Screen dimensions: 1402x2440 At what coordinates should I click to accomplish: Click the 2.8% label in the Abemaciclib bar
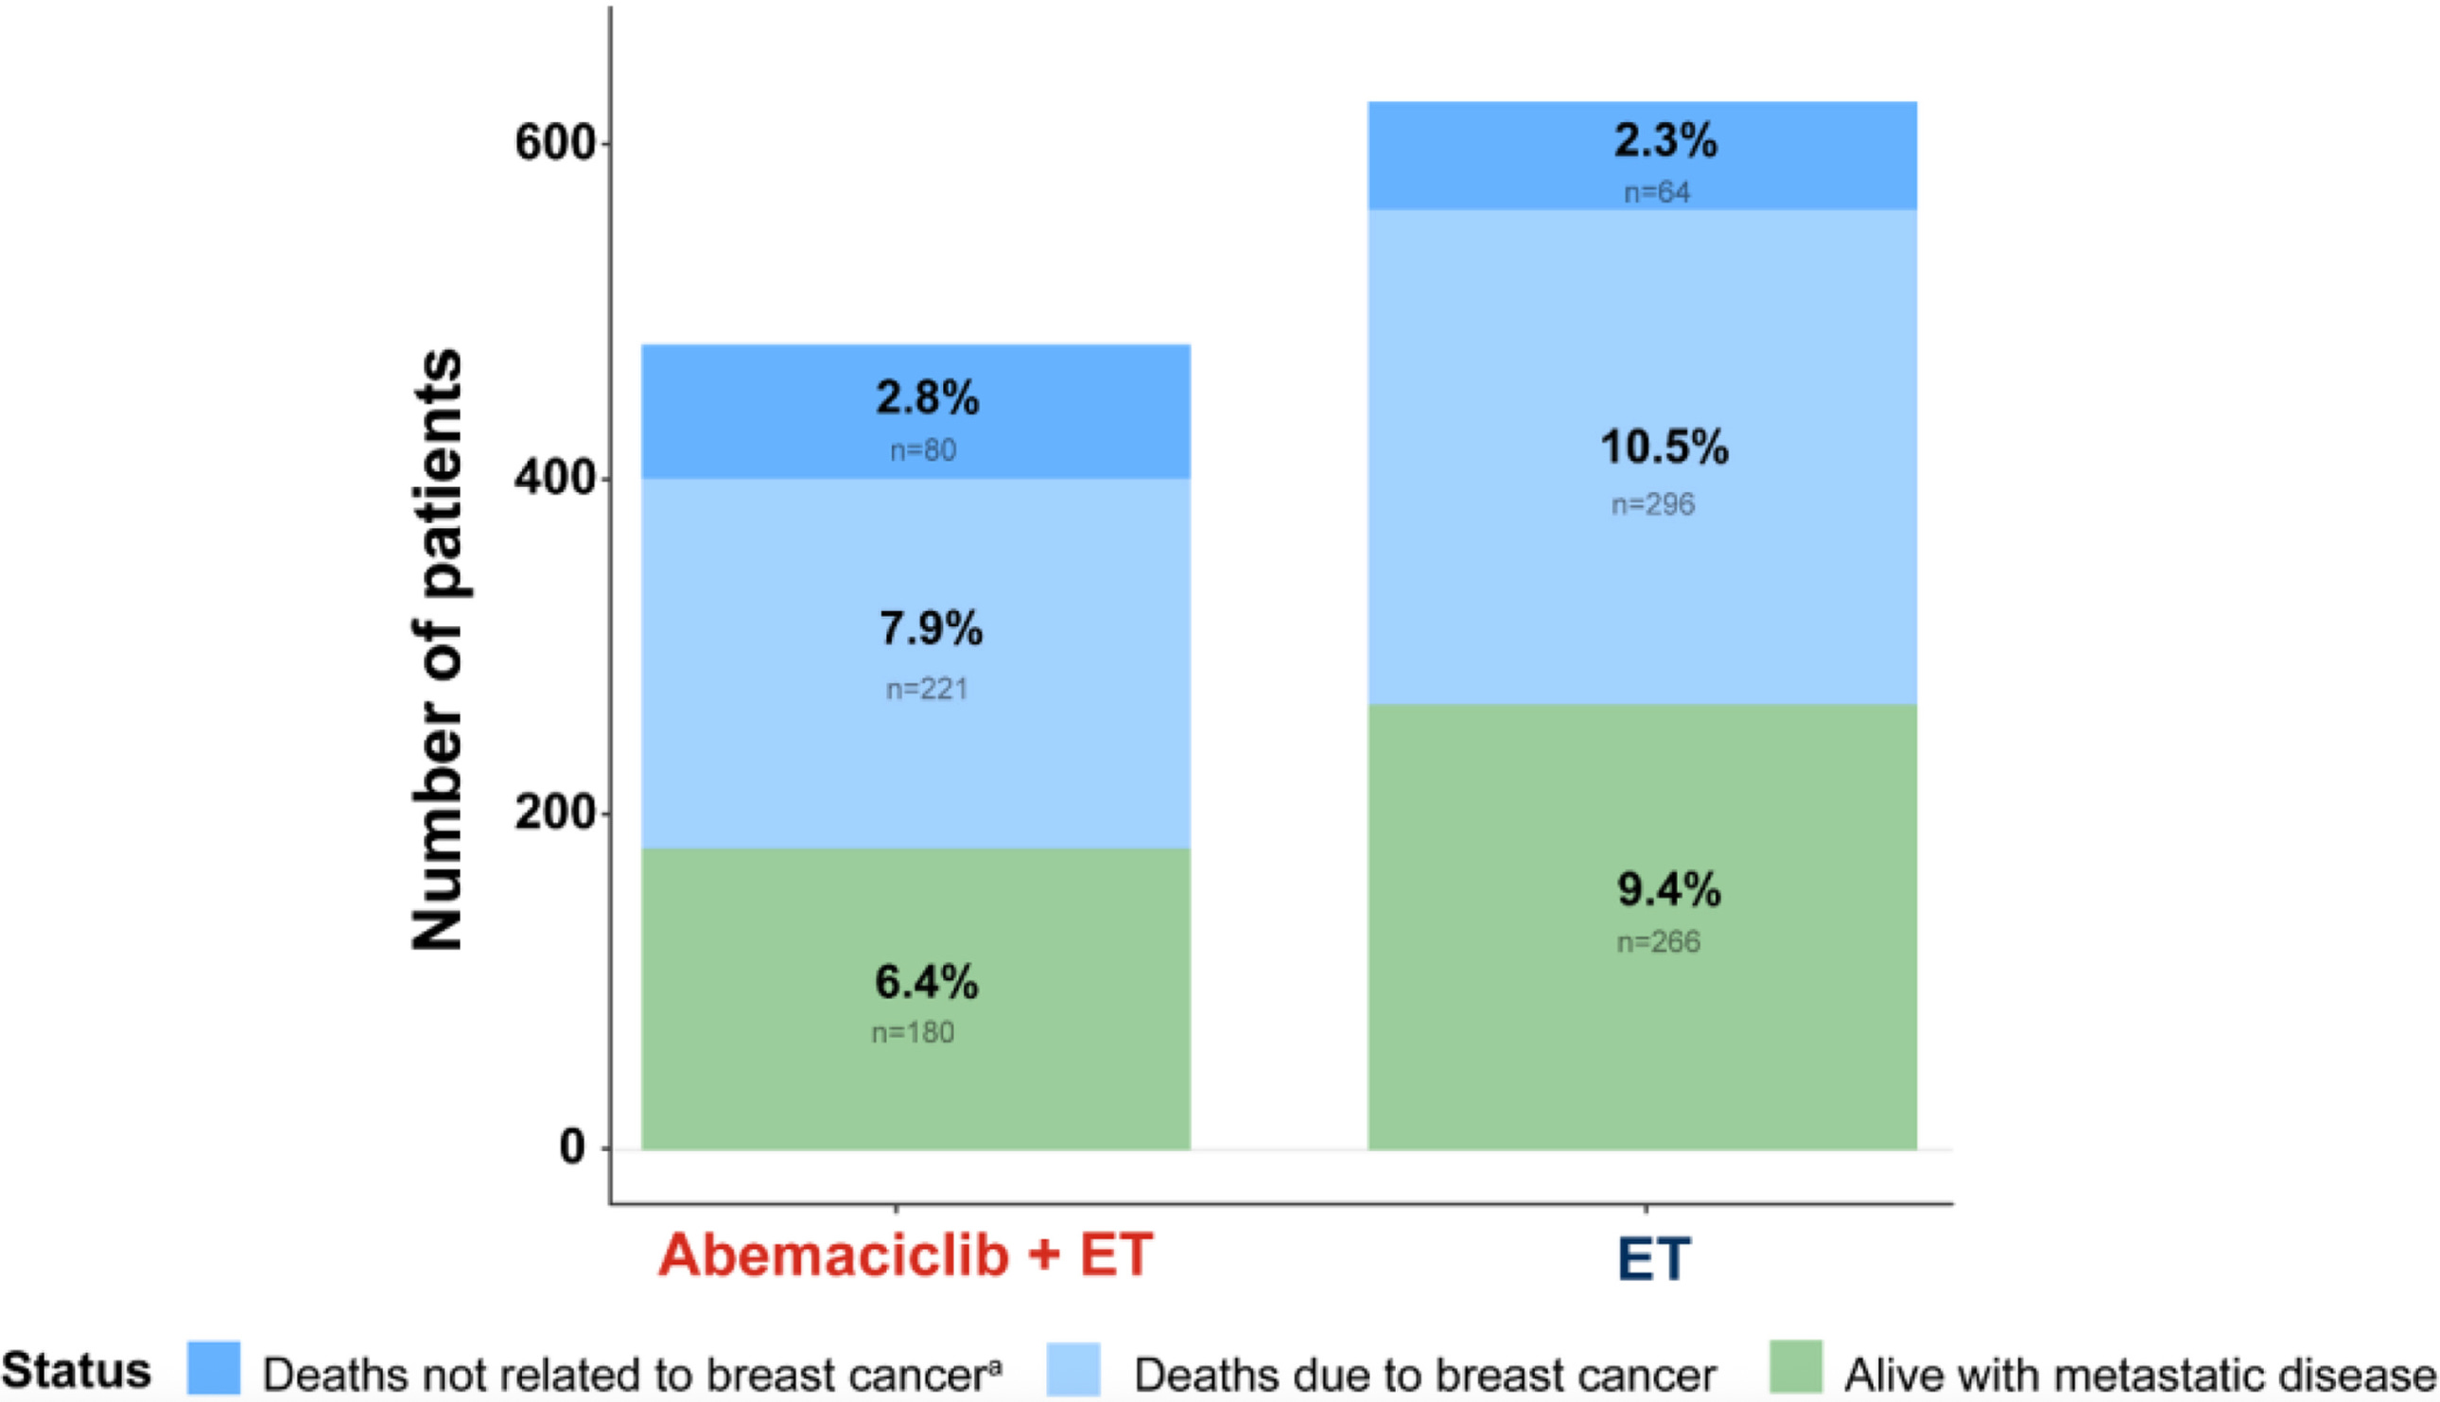[927, 397]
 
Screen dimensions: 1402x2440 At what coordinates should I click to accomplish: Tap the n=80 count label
[922, 449]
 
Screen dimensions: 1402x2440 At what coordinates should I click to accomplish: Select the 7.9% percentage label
[931, 629]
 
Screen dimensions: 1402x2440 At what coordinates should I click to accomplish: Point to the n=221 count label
[926, 689]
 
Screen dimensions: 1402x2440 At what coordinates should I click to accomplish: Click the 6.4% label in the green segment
[926, 982]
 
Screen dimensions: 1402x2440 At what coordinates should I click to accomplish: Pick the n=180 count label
[913, 1032]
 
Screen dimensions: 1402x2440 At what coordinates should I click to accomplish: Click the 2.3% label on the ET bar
[1664, 141]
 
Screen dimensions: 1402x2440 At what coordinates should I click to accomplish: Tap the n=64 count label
[1657, 193]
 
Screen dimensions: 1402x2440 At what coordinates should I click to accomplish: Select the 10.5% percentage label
[1664, 447]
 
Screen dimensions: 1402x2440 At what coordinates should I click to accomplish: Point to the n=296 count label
[1652, 504]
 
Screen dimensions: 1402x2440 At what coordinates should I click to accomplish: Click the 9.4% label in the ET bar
[1668, 888]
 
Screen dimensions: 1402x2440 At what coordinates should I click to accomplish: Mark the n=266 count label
[1658, 941]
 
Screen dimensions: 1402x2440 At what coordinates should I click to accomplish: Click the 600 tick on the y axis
[556, 144]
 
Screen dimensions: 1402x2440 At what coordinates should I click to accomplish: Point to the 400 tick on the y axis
[556, 479]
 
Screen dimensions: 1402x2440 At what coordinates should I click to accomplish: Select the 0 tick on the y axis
[573, 1148]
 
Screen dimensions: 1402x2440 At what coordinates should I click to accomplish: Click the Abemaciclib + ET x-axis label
[905, 1254]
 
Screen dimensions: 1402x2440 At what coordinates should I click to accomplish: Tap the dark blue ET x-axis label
[1652, 1257]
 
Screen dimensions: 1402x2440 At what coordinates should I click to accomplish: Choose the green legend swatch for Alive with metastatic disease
[1795, 1366]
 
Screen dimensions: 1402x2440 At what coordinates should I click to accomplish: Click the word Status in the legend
[77, 1369]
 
